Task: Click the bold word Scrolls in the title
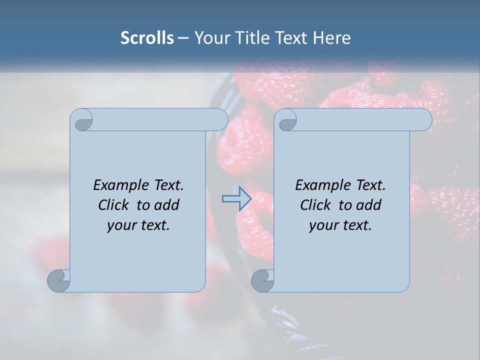tap(147, 37)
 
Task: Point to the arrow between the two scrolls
tap(236, 199)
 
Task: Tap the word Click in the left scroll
tap(114, 205)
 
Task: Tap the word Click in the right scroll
tap(316, 205)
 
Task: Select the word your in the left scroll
tap(120, 225)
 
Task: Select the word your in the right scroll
tap(322, 225)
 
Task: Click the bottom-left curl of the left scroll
tap(58, 281)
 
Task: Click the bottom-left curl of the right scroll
tap(262, 281)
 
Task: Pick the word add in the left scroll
tap(167, 205)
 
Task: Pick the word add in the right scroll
tap(369, 205)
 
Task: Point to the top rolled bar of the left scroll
tap(160, 119)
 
